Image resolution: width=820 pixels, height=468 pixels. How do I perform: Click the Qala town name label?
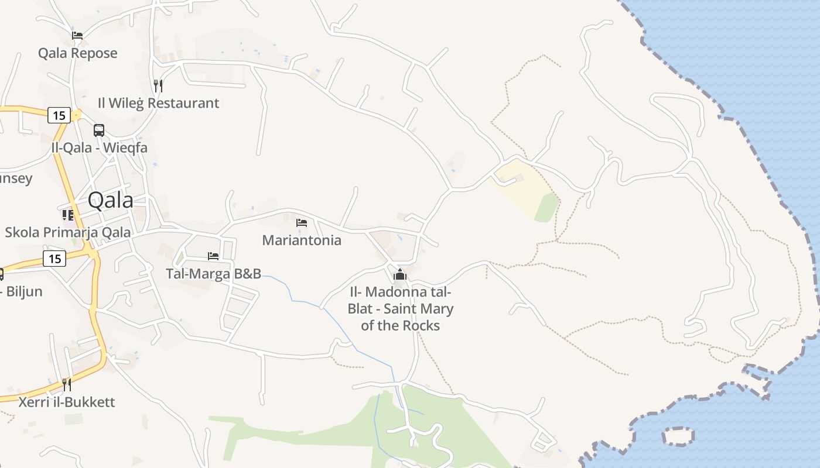[110, 201]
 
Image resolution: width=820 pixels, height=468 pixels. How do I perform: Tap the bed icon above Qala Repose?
[77, 35]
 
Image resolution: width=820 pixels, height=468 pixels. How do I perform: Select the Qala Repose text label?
[78, 53]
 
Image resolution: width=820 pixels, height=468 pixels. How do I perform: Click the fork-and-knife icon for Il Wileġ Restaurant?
[158, 86]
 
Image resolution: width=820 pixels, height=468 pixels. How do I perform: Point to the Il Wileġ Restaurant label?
[158, 104]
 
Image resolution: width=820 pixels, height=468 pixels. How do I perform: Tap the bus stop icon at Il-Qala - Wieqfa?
[99, 130]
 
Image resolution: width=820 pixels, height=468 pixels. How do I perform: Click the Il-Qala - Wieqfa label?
[100, 147]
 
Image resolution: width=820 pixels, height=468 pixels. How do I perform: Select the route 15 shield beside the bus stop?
[59, 115]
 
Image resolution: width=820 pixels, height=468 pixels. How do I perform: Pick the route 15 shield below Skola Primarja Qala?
[54, 258]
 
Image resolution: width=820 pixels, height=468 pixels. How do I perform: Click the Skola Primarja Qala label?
[68, 232]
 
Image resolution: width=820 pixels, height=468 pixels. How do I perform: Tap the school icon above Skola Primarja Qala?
[68, 215]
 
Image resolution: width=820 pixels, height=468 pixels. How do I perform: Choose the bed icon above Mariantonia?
[302, 223]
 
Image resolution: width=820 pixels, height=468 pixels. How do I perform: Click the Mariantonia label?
[302, 240]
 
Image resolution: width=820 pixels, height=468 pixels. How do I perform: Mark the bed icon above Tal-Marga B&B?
[213, 256]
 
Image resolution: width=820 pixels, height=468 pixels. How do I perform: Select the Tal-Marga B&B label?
[213, 273]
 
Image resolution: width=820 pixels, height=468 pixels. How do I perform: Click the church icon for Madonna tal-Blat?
[400, 274]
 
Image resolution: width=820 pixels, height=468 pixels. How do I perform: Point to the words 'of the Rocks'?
[400, 325]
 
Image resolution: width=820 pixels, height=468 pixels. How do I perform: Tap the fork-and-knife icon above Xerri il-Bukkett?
[67, 385]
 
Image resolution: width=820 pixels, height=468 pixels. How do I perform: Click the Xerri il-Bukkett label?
[67, 402]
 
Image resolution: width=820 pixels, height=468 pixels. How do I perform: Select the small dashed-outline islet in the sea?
[678, 436]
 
